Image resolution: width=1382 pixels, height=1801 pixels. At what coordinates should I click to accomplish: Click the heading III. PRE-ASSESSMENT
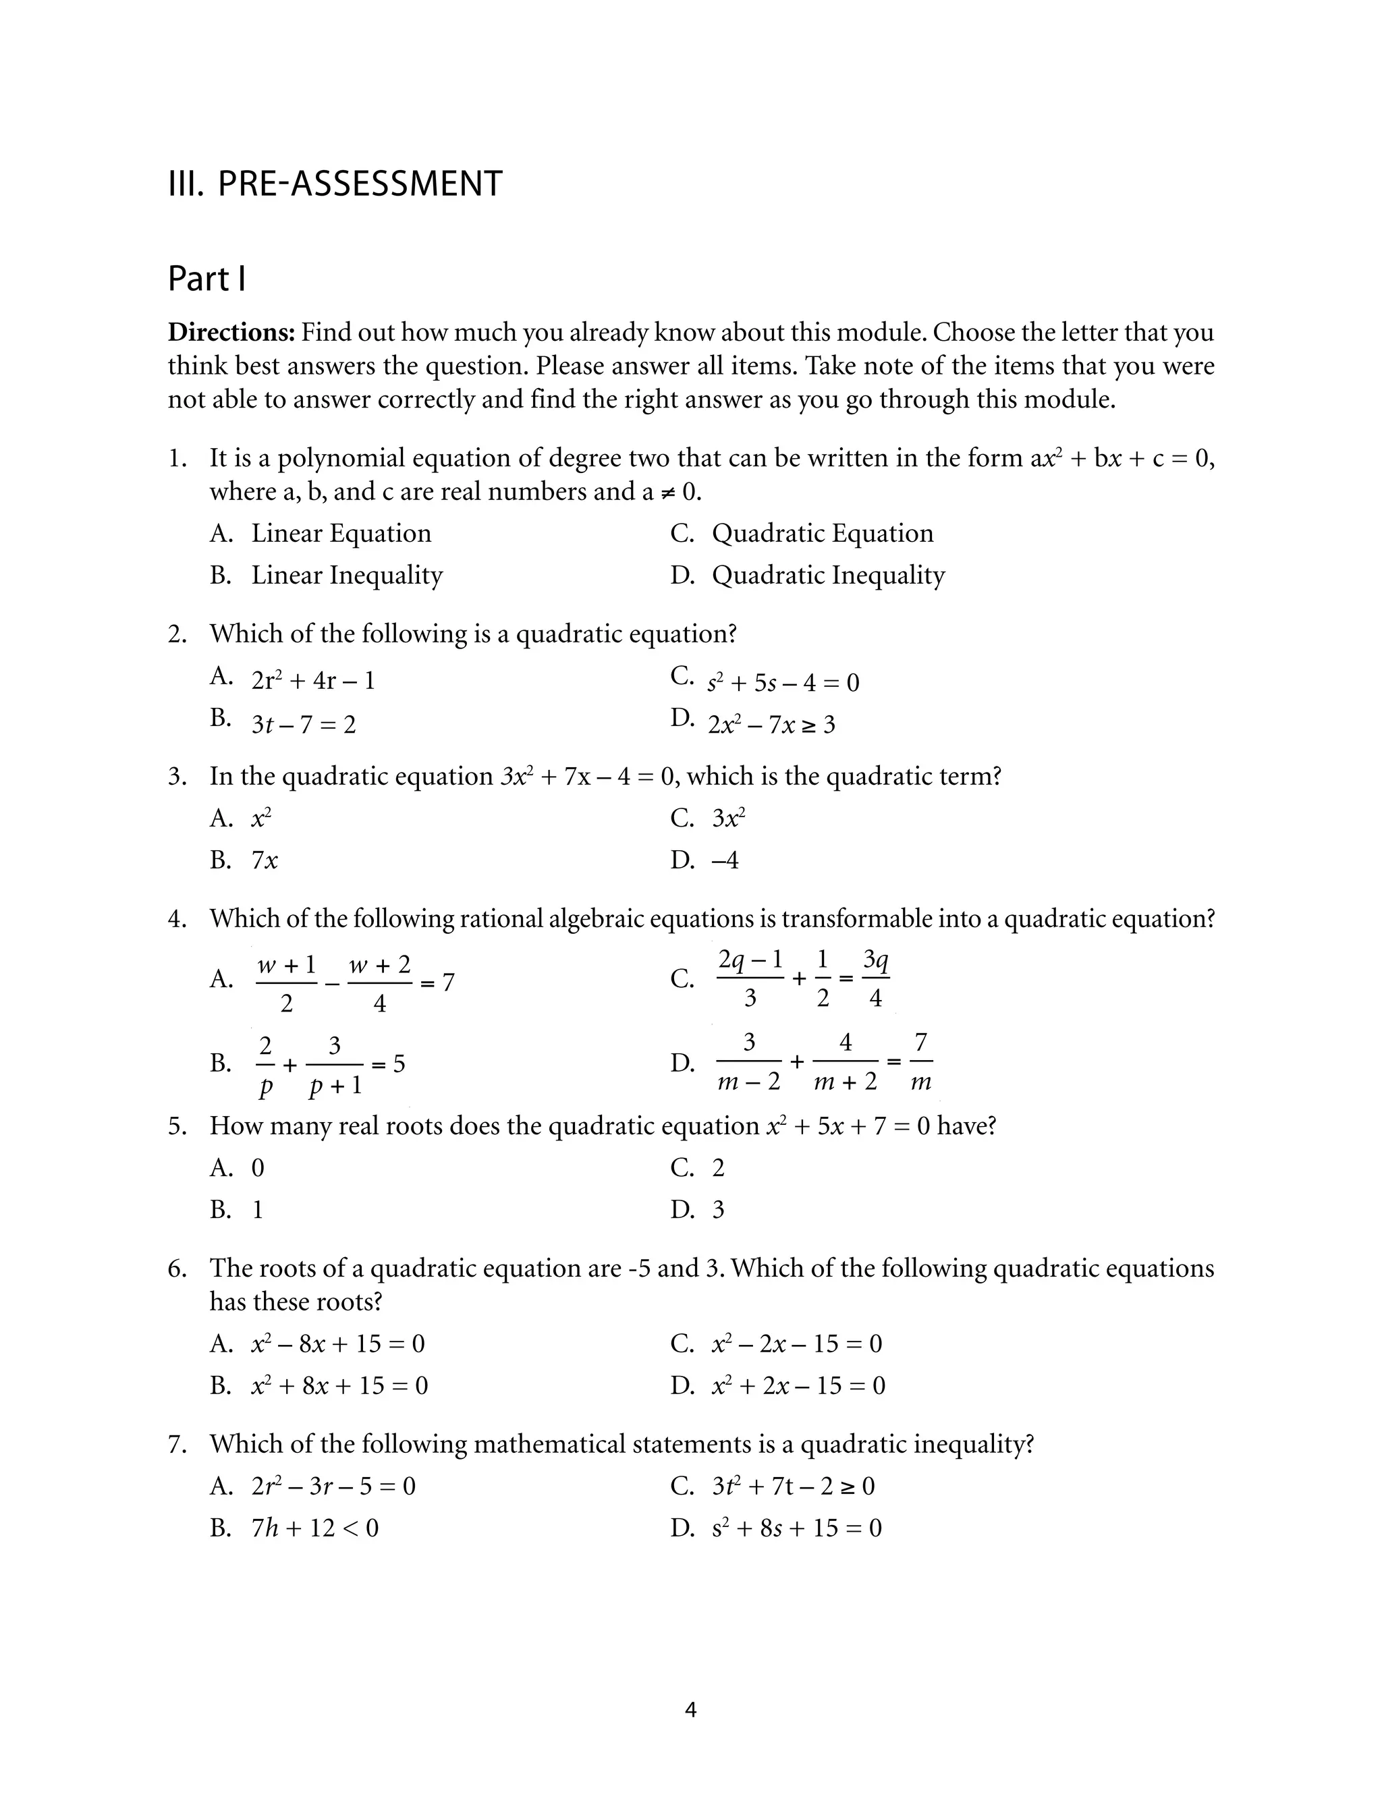[335, 184]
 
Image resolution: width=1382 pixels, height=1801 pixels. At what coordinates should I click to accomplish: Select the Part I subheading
[206, 279]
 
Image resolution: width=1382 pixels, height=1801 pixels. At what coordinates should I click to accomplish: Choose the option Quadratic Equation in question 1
[822, 533]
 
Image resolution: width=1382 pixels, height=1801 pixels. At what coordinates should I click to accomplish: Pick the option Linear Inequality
[346, 575]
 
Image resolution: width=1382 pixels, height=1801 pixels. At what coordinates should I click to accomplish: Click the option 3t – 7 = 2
[304, 725]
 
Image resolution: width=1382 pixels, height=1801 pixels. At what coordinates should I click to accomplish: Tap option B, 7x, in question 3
[265, 860]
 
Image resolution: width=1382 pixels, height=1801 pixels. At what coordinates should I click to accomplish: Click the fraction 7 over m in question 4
[921, 1063]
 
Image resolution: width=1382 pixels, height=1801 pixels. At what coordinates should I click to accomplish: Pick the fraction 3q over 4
[875, 978]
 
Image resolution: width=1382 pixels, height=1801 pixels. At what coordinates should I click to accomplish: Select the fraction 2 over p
[265, 1065]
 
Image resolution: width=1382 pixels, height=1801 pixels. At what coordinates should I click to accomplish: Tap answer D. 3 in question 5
[718, 1210]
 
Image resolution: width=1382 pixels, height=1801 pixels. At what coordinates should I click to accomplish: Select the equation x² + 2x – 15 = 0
[798, 1386]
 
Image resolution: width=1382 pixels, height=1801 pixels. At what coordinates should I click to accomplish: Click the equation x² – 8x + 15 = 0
[338, 1343]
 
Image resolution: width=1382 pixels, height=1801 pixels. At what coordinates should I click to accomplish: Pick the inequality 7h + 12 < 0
[315, 1528]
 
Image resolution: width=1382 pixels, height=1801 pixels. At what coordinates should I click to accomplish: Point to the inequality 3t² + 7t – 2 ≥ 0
[793, 1486]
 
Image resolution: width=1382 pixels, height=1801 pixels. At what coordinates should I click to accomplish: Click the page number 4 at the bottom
[690, 1711]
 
